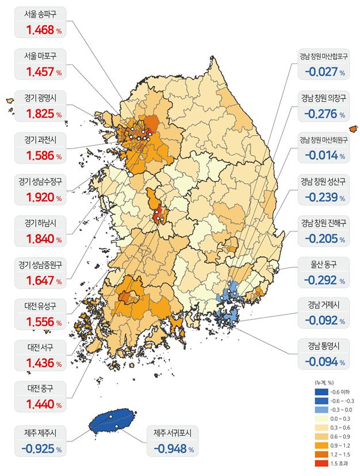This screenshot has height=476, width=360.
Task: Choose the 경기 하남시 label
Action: [x=42, y=223]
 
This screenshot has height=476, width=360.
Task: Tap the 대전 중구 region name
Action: [x=42, y=388]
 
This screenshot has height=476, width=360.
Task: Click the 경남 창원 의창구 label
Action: [x=323, y=98]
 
